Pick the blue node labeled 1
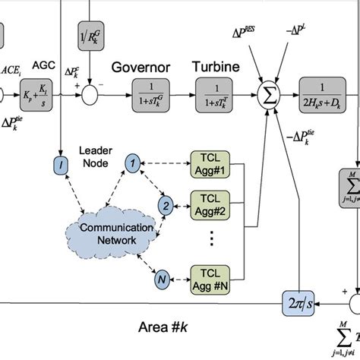133,162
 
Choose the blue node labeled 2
163,205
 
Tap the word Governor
140,67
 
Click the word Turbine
216,67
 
